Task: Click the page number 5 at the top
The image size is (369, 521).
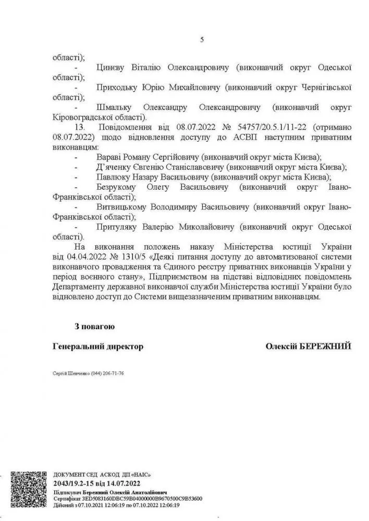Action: (x=202, y=41)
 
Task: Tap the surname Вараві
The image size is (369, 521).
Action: (x=108, y=157)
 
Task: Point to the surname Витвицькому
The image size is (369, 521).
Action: (x=121, y=207)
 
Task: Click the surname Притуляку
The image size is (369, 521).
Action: (x=118, y=227)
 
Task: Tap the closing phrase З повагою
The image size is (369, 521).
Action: (x=94, y=327)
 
